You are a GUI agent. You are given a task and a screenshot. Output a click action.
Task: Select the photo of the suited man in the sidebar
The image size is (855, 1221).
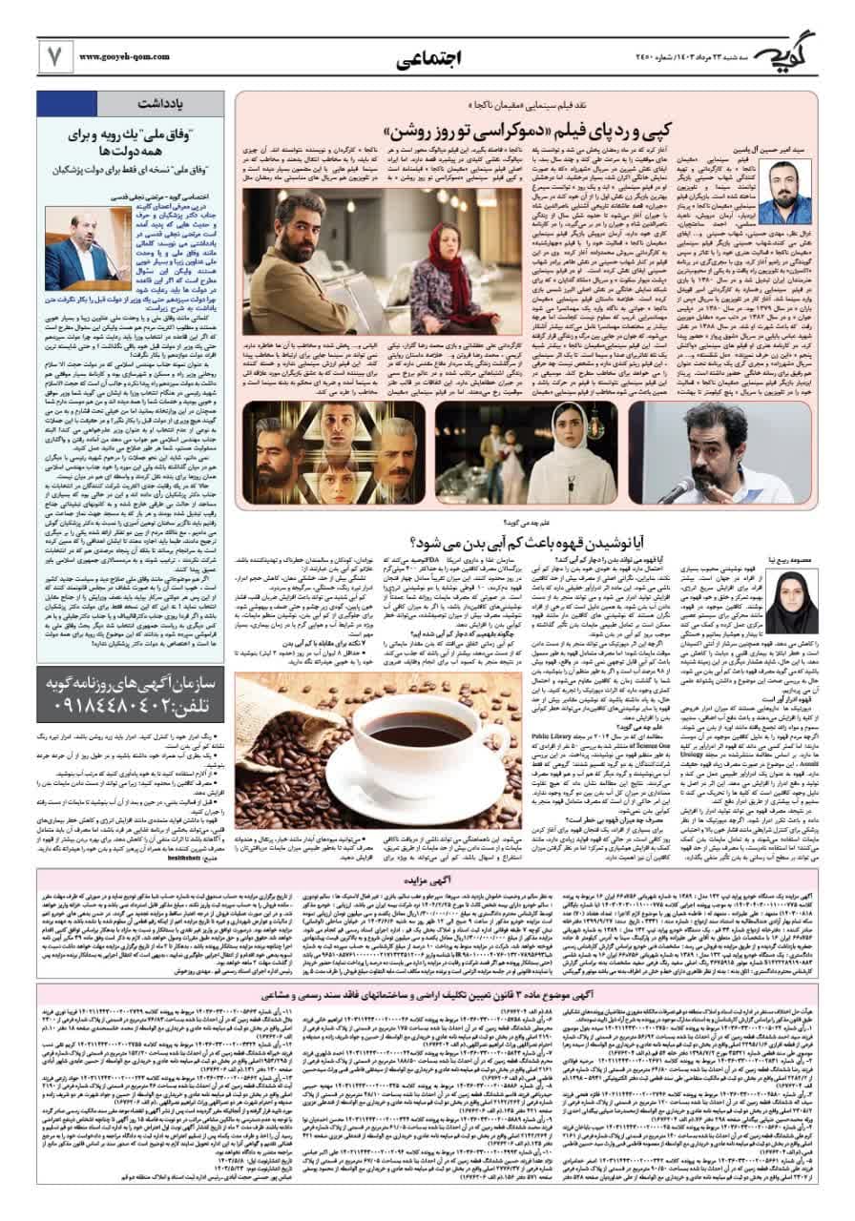pyautogui.click(x=89, y=251)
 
